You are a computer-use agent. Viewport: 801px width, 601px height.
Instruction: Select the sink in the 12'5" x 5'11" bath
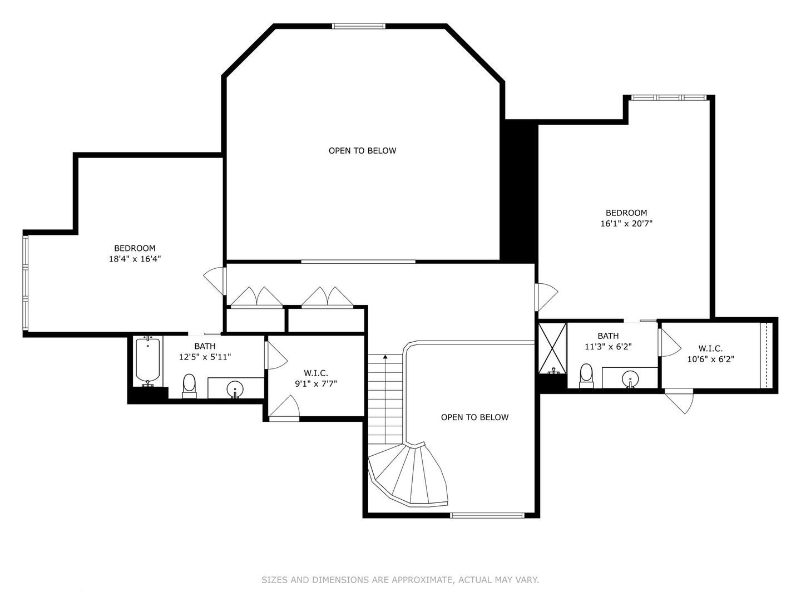point(235,388)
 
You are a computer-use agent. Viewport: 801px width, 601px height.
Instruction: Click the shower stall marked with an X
point(552,348)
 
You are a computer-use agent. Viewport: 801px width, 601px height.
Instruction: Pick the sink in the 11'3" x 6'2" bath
point(630,378)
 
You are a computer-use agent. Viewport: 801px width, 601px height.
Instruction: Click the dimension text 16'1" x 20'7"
point(626,224)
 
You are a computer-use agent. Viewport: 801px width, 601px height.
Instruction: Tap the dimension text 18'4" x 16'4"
point(135,259)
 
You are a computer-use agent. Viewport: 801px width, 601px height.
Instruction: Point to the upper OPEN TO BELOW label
point(362,151)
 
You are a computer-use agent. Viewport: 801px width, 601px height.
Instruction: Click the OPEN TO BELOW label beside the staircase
point(474,417)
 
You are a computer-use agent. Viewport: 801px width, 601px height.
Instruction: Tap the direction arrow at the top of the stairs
point(385,357)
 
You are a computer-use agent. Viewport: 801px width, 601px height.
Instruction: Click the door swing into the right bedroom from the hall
point(546,297)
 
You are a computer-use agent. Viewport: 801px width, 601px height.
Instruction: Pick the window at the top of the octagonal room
point(358,26)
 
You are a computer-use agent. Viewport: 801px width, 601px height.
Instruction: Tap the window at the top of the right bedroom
point(669,98)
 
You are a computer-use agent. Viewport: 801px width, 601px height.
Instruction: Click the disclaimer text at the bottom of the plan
point(400,580)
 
